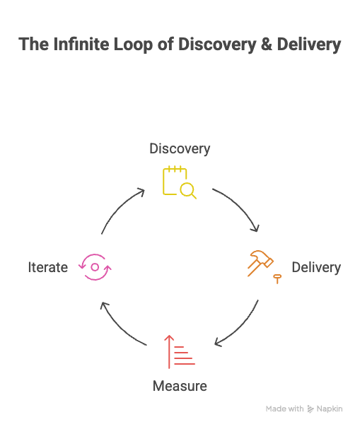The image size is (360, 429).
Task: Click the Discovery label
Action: pyautogui.click(x=180, y=148)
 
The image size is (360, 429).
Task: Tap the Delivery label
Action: pyautogui.click(x=315, y=267)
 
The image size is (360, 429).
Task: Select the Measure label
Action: pyautogui.click(x=180, y=386)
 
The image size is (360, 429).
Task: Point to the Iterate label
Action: pyautogui.click(x=47, y=267)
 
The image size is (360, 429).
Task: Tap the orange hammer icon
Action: pyautogui.click(x=259, y=263)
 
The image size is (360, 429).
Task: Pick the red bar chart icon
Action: pyautogui.click(x=180, y=351)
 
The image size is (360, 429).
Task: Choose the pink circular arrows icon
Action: pyautogui.click(x=94, y=267)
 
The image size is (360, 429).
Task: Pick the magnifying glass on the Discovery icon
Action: pyautogui.click(x=187, y=189)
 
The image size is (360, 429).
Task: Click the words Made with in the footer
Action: pyautogui.click(x=284, y=409)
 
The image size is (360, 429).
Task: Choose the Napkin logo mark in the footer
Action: pyautogui.click(x=312, y=409)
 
